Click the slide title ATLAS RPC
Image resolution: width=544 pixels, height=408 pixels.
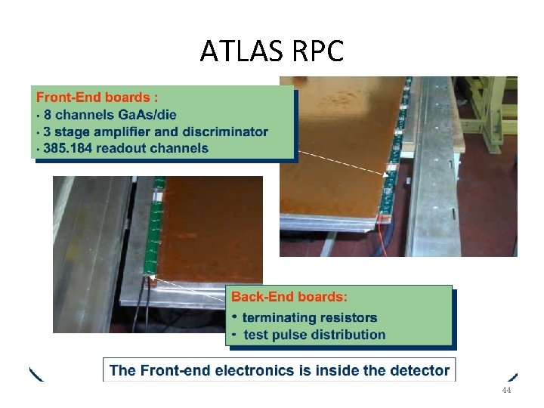272,51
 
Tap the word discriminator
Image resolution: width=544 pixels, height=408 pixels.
224,131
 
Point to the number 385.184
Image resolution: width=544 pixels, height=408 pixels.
70,147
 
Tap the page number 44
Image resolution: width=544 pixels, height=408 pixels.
506,391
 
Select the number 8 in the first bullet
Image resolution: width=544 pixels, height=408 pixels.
48,115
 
